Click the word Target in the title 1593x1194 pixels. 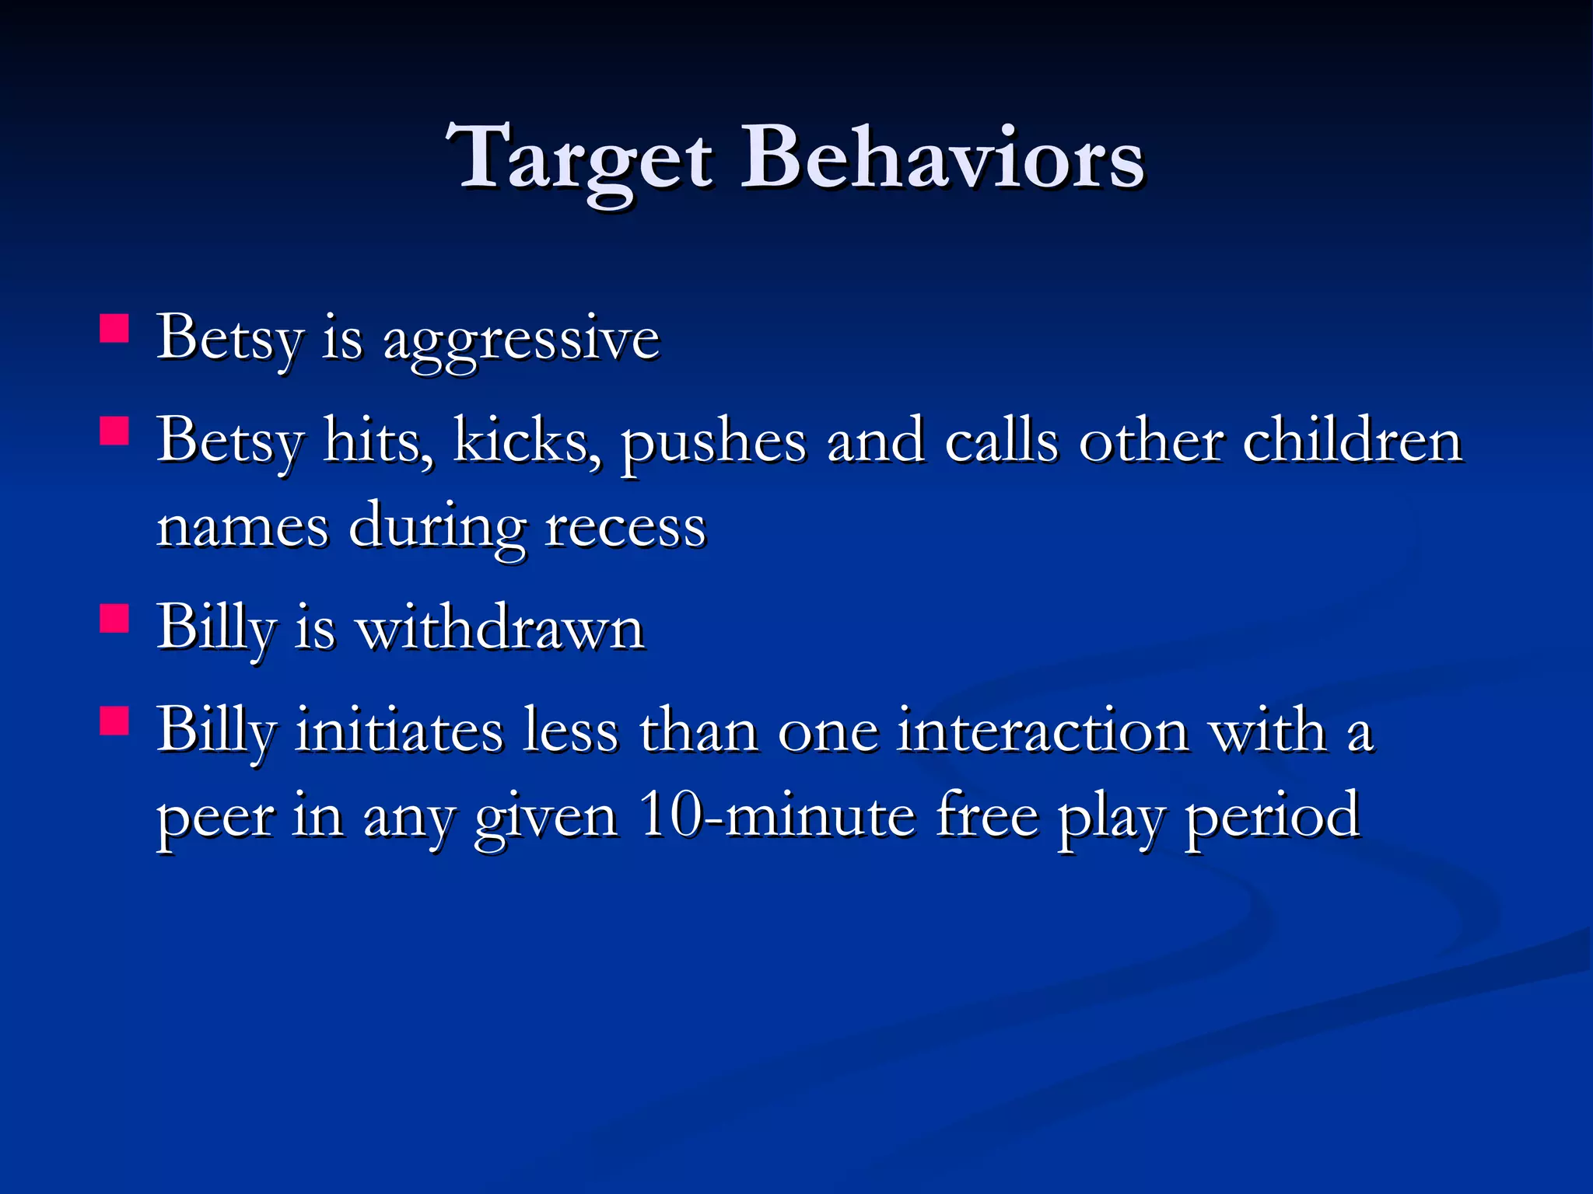(579, 159)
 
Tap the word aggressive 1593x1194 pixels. (521, 340)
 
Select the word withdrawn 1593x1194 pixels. (500, 628)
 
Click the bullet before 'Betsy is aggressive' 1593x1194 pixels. (114, 328)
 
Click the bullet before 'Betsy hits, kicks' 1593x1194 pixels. (114, 431)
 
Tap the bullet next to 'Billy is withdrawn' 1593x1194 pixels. (114, 619)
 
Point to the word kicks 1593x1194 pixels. (526, 441)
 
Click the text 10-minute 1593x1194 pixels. (776, 816)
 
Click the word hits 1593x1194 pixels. (378, 441)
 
